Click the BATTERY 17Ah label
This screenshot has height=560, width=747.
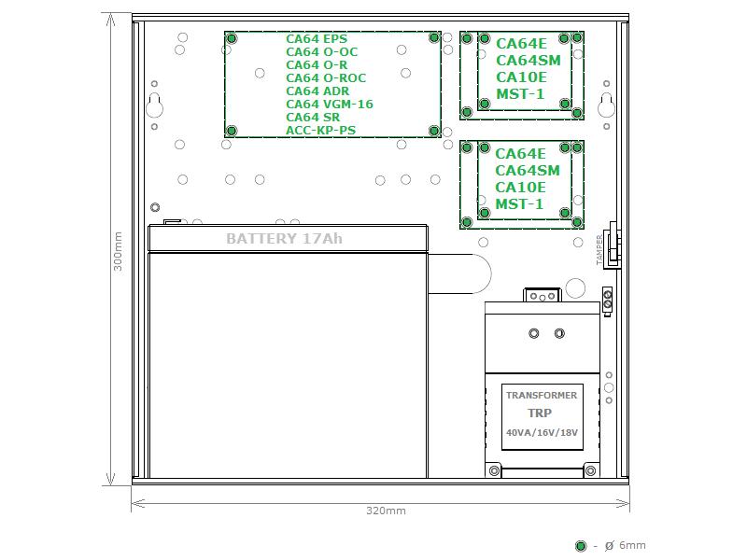[284, 239]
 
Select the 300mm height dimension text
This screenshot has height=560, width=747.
[118, 251]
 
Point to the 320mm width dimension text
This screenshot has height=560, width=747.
[386, 511]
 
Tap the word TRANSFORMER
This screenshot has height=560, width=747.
[542, 395]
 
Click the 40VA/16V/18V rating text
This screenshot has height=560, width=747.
[543, 432]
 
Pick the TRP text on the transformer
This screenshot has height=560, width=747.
[540, 413]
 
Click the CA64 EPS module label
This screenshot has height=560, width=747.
[317, 39]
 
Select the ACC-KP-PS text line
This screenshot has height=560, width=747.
[320, 130]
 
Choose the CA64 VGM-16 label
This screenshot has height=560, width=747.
[330, 104]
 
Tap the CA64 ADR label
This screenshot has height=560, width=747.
[317, 91]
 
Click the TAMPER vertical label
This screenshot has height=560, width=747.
[599, 249]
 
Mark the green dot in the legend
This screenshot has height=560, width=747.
[581, 546]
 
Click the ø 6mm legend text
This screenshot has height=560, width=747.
[625, 545]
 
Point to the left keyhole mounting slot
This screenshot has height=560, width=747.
[154, 105]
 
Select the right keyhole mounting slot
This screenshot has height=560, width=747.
[606, 105]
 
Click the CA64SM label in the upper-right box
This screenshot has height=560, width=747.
[529, 61]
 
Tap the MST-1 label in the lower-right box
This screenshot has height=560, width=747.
[519, 204]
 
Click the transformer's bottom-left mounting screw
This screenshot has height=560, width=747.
[495, 471]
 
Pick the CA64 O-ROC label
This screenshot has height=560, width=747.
[326, 78]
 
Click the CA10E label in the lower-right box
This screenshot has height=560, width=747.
[521, 188]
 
